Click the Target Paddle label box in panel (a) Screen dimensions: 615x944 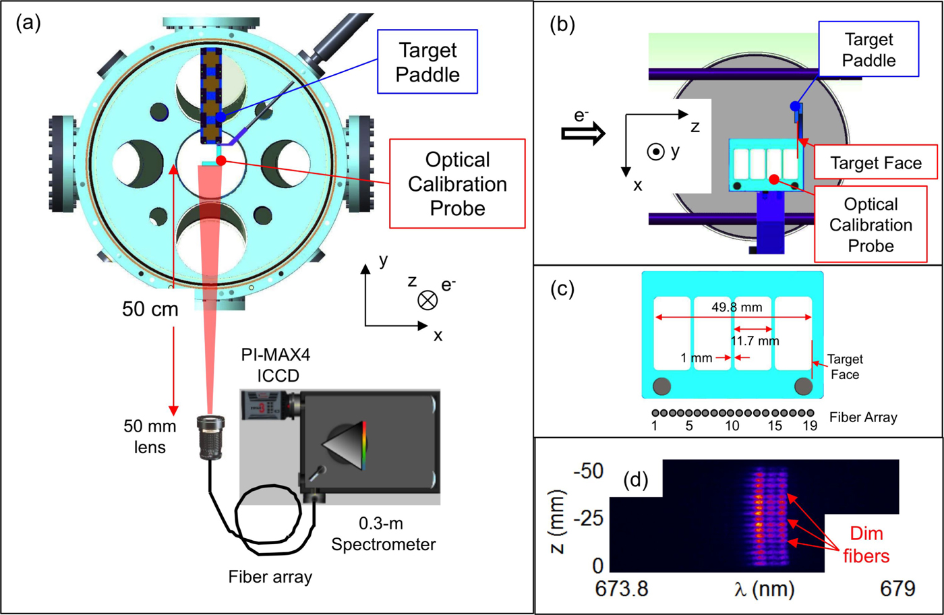pos(427,62)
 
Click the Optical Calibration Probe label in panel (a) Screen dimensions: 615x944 pos(458,183)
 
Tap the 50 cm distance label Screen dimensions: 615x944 pos(150,309)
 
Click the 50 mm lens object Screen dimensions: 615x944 pos(210,438)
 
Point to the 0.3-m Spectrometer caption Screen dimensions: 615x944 pos(383,534)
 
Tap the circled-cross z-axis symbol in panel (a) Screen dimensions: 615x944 pos(427,300)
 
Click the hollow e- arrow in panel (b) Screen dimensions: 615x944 pos(583,134)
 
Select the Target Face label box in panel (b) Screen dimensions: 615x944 pos(875,163)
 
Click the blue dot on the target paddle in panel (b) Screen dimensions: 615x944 pos(796,106)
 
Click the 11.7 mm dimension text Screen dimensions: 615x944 pos(755,341)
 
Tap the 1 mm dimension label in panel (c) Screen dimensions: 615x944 pos(696,358)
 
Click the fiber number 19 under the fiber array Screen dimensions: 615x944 pos(810,426)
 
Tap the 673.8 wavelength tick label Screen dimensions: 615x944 pos(622,588)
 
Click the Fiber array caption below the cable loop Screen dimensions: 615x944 pos(270,577)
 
